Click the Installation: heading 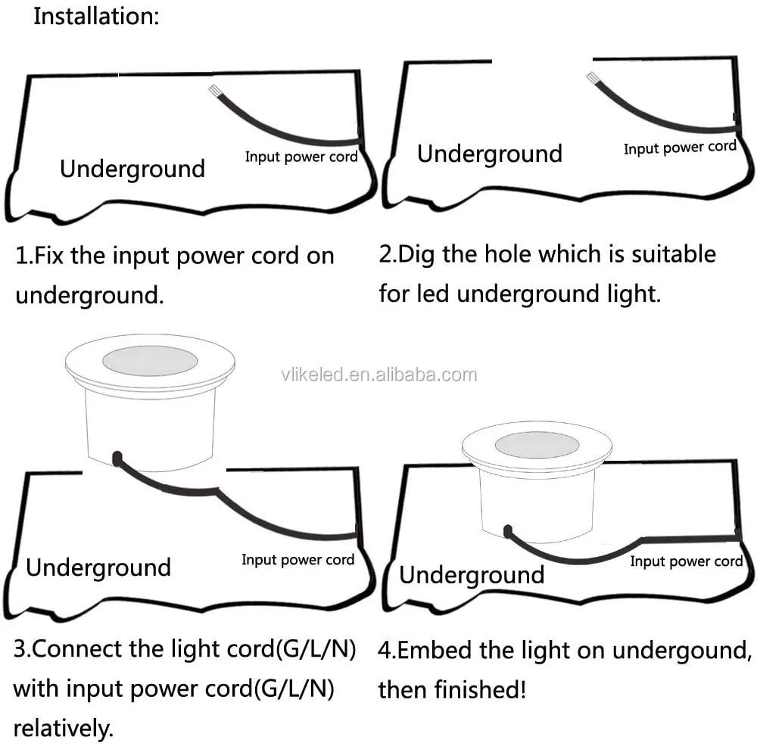pyautogui.click(x=96, y=16)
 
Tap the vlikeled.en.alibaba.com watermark pyautogui.click(x=379, y=375)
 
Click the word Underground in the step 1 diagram pyautogui.click(x=132, y=169)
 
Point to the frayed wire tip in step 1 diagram pyautogui.click(x=213, y=90)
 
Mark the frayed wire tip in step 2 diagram pyautogui.click(x=591, y=77)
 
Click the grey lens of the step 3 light pyautogui.click(x=150, y=361)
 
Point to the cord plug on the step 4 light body pyautogui.click(x=507, y=531)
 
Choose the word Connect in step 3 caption pyautogui.click(x=77, y=649)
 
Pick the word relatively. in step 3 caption pyautogui.click(x=64, y=729)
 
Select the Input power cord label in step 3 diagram pyautogui.click(x=298, y=560)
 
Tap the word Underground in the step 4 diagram pyautogui.click(x=472, y=575)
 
